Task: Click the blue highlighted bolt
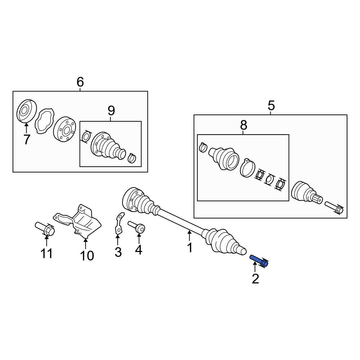click(x=259, y=261)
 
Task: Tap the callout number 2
click(x=255, y=279)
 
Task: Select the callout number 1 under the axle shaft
click(x=190, y=248)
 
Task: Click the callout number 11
click(x=46, y=253)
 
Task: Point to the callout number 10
click(x=87, y=256)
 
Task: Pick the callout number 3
click(x=118, y=252)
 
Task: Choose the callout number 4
click(x=139, y=250)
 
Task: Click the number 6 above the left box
click(x=80, y=82)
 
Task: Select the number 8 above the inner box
click(x=244, y=125)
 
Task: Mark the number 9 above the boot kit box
click(x=111, y=111)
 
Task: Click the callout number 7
click(x=27, y=139)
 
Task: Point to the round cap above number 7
click(x=27, y=111)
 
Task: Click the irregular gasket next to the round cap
click(x=45, y=120)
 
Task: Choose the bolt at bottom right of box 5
click(x=334, y=208)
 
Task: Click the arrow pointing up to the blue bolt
click(x=255, y=267)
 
